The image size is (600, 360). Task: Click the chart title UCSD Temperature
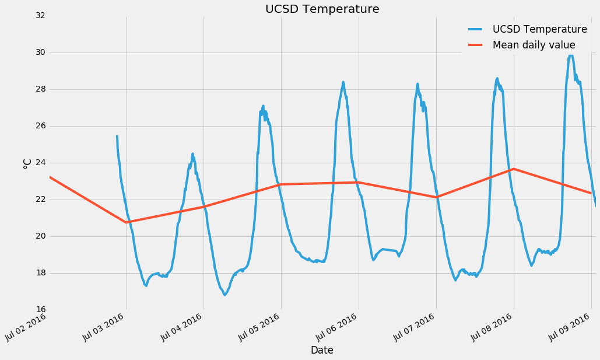[322, 9]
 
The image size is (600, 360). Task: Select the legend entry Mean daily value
[534, 45]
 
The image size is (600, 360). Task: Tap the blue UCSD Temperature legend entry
[539, 29]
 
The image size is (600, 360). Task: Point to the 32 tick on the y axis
[40, 16]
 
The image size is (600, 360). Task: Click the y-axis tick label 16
[40, 310]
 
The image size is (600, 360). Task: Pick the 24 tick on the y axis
[40, 163]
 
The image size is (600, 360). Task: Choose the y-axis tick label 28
[40, 89]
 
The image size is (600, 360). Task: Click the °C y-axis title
[27, 163]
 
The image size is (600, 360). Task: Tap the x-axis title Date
[322, 350]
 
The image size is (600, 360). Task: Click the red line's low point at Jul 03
[126, 222]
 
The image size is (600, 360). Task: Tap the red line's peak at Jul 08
[513, 169]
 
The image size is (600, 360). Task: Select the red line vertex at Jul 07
[436, 197]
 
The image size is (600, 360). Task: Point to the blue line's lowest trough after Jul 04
[224, 295]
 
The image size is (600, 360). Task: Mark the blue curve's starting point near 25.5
[117, 136]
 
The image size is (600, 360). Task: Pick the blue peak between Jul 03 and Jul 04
[192, 154]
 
